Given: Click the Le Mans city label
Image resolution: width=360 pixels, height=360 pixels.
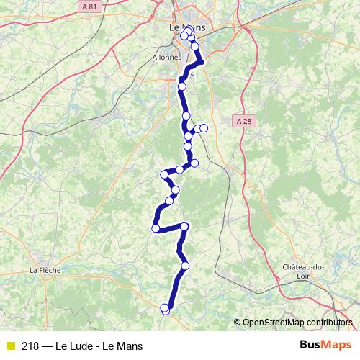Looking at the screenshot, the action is click(186, 27).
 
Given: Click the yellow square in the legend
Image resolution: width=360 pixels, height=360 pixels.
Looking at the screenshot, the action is click(10, 346).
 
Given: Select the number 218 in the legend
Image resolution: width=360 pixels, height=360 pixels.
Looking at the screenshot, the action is click(30, 346).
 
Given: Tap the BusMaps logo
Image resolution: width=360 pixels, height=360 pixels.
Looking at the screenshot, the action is click(325, 346).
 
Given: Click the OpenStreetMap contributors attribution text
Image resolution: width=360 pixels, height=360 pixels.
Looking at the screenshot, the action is click(297, 322).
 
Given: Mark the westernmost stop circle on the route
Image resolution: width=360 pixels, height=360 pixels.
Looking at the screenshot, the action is click(156, 228).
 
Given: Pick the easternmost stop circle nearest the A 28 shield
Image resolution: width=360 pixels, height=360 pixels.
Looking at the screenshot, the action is click(204, 128).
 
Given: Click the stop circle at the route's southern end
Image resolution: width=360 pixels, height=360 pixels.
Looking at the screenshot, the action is click(166, 310).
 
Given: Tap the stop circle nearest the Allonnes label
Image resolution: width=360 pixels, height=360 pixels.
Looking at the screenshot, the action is click(182, 86).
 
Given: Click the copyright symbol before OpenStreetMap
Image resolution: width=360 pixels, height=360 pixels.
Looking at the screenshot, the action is click(238, 322).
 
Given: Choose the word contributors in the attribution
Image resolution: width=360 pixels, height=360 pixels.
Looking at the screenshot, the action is click(328, 322).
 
